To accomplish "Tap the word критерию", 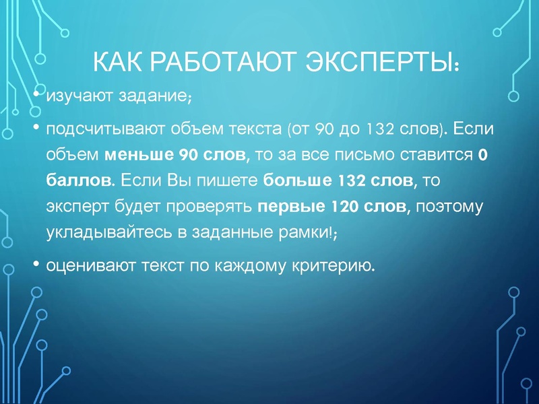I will point(336,267).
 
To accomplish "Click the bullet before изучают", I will point(37,94).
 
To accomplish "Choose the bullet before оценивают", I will point(37,264).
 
